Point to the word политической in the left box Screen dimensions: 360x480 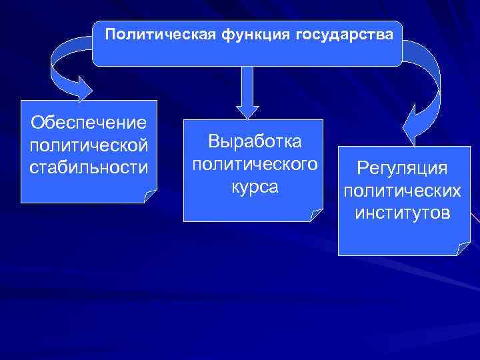click(x=89, y=144)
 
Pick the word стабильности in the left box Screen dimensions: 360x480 click(x=89, y=165)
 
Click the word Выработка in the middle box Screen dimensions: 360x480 click(x=255, y=141)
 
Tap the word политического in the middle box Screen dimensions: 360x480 click(x=255, y=163)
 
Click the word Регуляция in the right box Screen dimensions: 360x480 click(x=401, y=168)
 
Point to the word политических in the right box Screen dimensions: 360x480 click(x=401, y=191)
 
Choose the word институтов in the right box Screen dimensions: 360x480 click(x=401, y=213)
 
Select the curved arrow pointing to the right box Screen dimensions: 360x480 click(x=427, y=80)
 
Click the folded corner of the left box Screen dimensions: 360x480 click(x=151, y=197)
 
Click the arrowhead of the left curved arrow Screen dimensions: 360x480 click(x=79, y=88)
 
